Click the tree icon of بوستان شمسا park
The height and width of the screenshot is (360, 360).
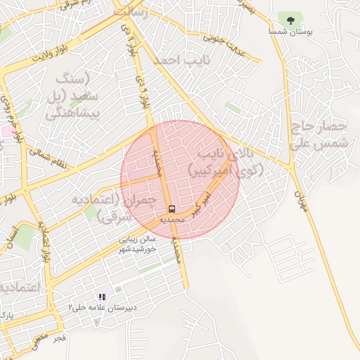tap(290, 20)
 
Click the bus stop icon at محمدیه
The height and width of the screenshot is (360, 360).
tap(172, 210)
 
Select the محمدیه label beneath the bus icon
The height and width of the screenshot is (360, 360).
tap(172, 219)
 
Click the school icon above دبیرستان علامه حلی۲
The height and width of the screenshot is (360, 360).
tap(102, 297)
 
